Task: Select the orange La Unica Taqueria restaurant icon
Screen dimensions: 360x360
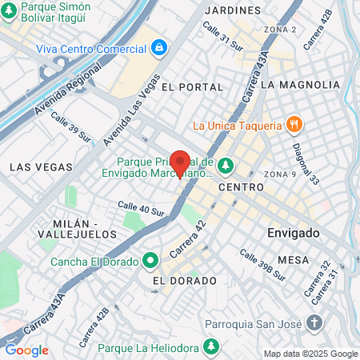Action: click(x=295, y=124)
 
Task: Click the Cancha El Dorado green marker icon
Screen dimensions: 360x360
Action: click(x=150, y=261)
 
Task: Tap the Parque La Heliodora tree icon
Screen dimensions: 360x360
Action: click(x=210, y=347)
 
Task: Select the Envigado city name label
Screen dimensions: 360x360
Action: click(x=293, y=233)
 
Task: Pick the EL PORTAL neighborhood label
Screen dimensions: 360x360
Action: click(x=189, y=86)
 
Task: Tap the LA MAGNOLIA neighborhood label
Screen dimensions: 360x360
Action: click(x=300, y=85)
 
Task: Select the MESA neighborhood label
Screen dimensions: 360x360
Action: click(x=294, y=260)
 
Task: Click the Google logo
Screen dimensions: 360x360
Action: click(x=26, y=350)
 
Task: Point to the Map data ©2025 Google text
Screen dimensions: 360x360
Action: click(x=311, y=354)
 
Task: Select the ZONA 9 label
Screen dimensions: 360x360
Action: click(x=280, y=174)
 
